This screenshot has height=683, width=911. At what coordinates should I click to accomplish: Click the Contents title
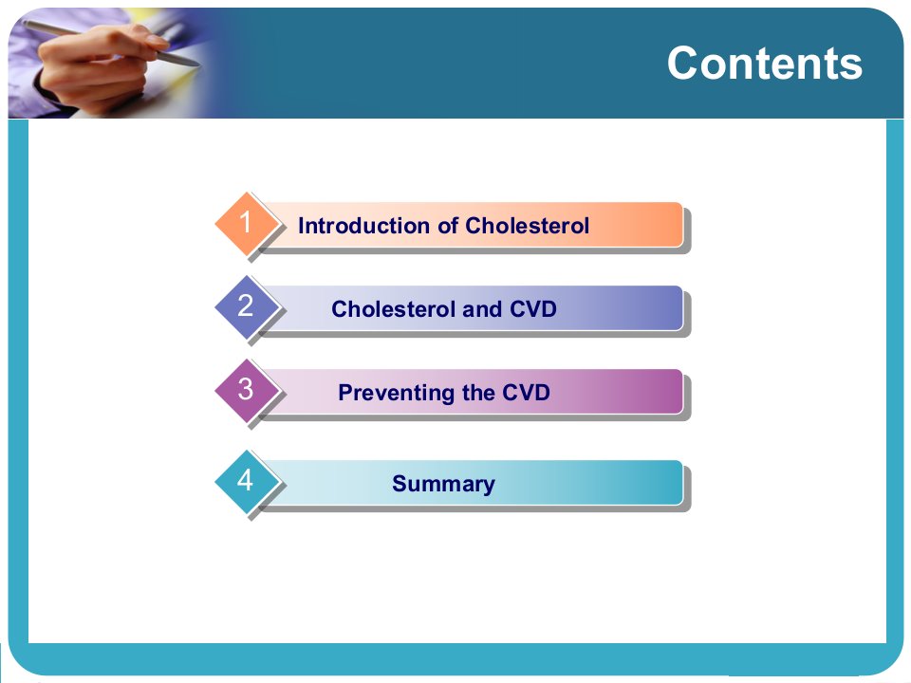click(x=764, y=63)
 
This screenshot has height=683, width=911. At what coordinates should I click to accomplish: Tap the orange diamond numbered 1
click(x=247, y=222)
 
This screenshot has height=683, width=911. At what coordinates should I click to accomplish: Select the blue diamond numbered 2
click(x=247, y=306)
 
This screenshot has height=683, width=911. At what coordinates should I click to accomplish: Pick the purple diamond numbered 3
click(x=247, y=390)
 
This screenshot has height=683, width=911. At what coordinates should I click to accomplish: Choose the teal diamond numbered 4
click(x=247, y=481)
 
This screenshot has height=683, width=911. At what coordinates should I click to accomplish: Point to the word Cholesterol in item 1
click(x=527, y=226)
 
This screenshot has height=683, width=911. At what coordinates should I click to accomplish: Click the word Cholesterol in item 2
click(x=393, y=309)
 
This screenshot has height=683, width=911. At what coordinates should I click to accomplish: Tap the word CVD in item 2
click(x=532, y=309)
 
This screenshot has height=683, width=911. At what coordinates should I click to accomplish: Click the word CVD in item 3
click(x=526, y=393)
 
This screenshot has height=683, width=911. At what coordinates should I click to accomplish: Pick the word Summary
click(x=444, y=484)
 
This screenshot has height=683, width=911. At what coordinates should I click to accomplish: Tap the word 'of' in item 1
click(x=448, y=226)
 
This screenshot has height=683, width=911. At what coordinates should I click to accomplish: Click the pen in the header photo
click(x=110, y=44)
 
